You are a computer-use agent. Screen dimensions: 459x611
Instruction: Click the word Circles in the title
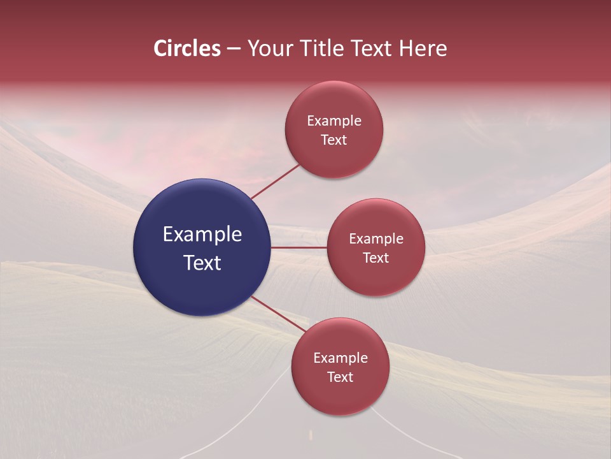187,48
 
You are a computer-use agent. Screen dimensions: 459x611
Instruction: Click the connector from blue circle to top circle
276,181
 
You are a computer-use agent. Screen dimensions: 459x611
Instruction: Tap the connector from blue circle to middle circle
299,247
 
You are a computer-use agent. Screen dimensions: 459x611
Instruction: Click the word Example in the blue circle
202,235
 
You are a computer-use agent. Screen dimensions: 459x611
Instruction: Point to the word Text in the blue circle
202,263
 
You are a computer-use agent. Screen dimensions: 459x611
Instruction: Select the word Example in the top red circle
334,121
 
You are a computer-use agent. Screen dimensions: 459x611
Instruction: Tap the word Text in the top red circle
334,140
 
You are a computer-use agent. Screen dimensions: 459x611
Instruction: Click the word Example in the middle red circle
376,239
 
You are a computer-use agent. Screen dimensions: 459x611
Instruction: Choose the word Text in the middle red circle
376,258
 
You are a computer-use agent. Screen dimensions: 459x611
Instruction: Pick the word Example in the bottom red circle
341,358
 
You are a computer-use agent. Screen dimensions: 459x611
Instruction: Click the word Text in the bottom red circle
341,377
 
